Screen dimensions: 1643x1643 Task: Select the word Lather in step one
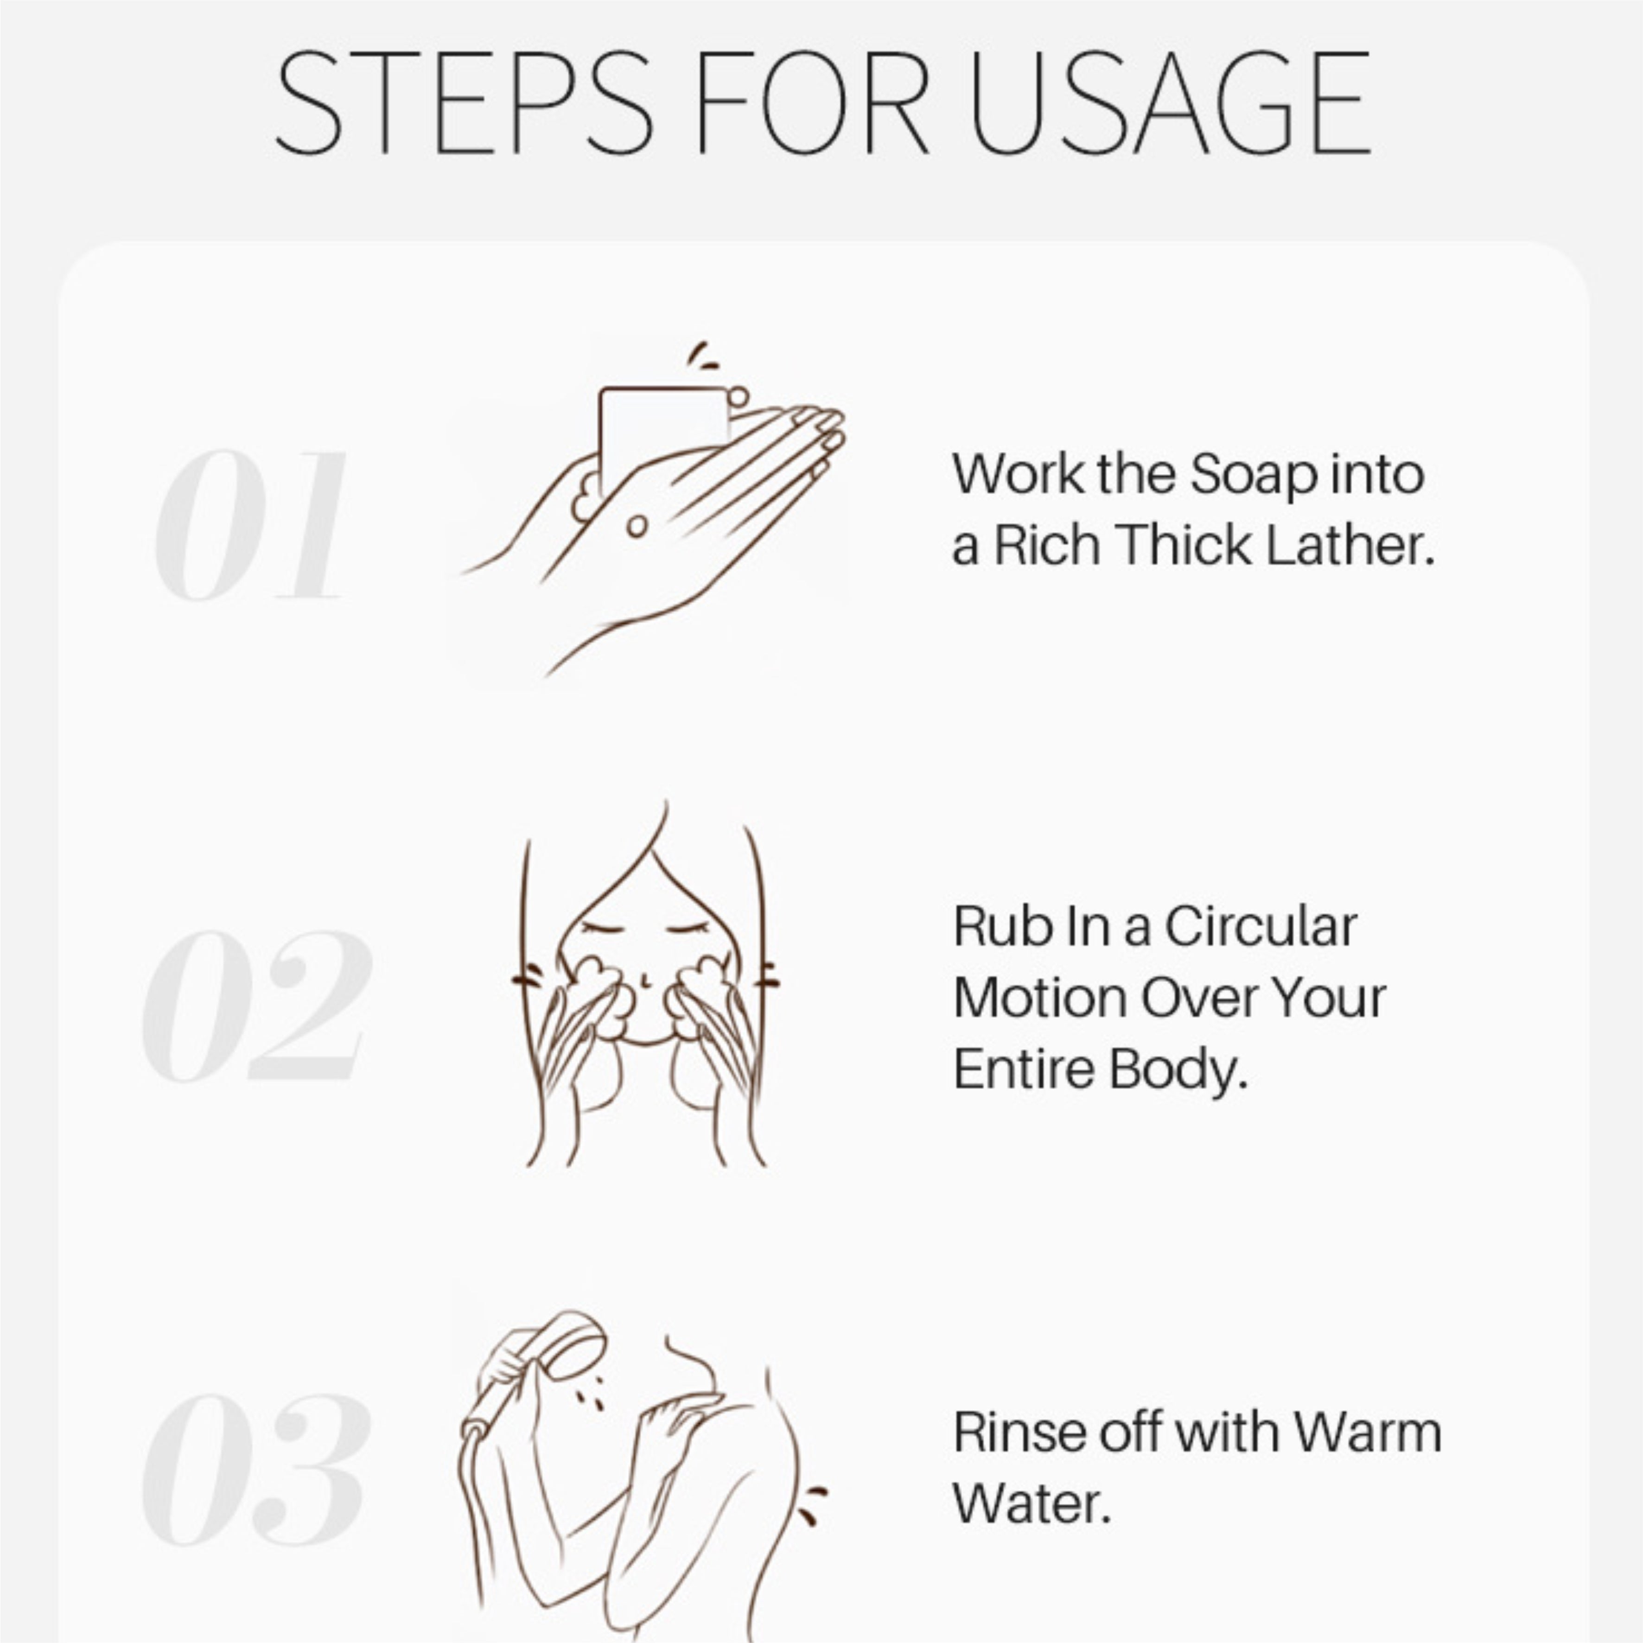coord(1350,545)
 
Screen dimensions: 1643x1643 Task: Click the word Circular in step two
coord(1261,926)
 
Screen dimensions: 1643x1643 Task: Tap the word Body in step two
coord(1178,1070)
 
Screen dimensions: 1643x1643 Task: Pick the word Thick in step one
coord(1184,545)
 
